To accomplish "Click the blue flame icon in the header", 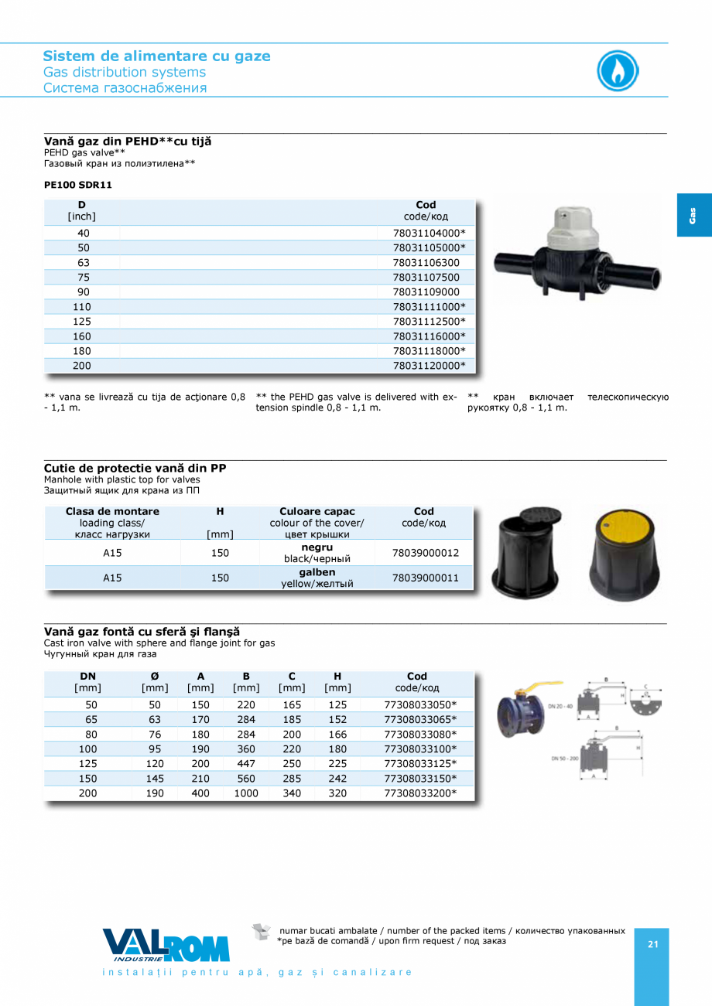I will click(x=618, y=71).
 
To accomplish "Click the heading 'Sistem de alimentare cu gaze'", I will click(x=156, y=56).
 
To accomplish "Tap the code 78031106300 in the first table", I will click(x=426, y=263).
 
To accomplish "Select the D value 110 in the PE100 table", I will click(x=82, y=307).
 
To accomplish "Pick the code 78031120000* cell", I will click(x=429, y=366).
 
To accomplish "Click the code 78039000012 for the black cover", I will click(x=425, y=553).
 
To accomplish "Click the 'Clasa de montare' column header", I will click(x=112, y=512).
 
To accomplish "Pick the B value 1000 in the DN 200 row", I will click(x=246, y=793).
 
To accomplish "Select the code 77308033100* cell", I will click(x=420, y=749).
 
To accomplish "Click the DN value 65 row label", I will click(x=91, y=720).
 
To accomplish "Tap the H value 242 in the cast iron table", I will click(x=337, y=779).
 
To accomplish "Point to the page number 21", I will click(x=652, y=944).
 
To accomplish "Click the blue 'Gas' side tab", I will click(x=694, y=215).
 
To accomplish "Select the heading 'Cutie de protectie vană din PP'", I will click(x=135, y=469).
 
